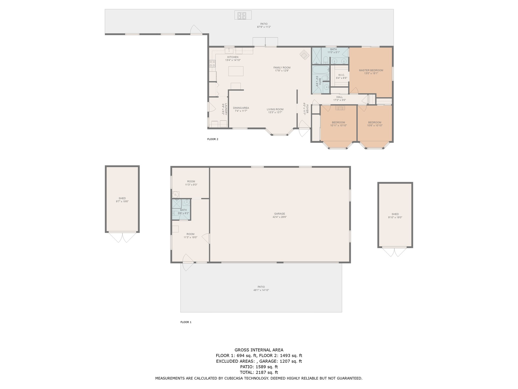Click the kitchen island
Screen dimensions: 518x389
tap(236, 71)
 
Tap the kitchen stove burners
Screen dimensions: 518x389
tap(212, 63)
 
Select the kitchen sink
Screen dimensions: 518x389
tap(229, 50)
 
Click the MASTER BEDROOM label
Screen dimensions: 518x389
tap(371, 70)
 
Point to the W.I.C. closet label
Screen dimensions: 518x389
tap(341, 75)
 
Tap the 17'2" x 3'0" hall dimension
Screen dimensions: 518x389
tap(339, 100)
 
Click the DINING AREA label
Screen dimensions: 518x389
tap(241, 108)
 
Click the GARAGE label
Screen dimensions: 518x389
tap(279, 214)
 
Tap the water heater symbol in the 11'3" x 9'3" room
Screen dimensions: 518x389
tap(176, 194)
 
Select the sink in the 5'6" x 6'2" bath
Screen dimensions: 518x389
tap(187, 202)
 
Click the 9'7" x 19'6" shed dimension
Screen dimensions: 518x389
tap(122, 201)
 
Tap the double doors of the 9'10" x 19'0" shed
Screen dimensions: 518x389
tap(395, 252)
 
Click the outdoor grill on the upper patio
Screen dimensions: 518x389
tap(243, 15)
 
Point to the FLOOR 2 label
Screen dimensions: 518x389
tap(213, 139)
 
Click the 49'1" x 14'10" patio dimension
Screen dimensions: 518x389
tap(261, 290)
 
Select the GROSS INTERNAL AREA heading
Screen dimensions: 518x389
tap(259, 350)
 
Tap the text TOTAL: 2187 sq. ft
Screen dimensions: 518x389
tap(259, 372)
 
